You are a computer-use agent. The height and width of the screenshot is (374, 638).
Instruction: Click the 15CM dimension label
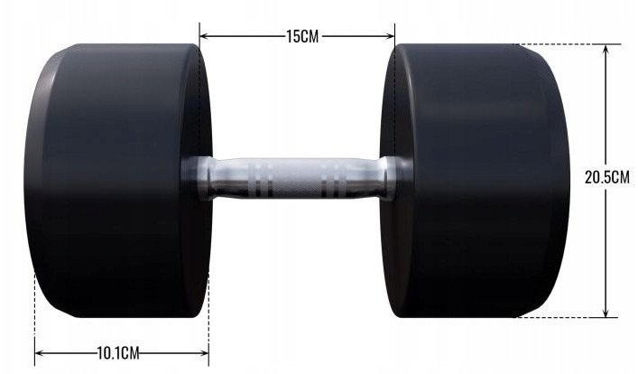coord(302,36)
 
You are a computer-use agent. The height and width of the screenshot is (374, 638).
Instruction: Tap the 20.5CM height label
coord(606,178)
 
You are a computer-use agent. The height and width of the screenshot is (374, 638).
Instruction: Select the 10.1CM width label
coord(118,353)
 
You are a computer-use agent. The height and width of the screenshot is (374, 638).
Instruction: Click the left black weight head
coord(118,181)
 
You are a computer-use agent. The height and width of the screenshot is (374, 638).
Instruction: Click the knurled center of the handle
coord(297,179)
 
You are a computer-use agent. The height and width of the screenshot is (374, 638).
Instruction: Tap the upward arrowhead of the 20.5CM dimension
coord(606,50)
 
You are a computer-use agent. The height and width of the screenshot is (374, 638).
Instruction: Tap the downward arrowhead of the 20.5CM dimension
coord(606,312)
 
